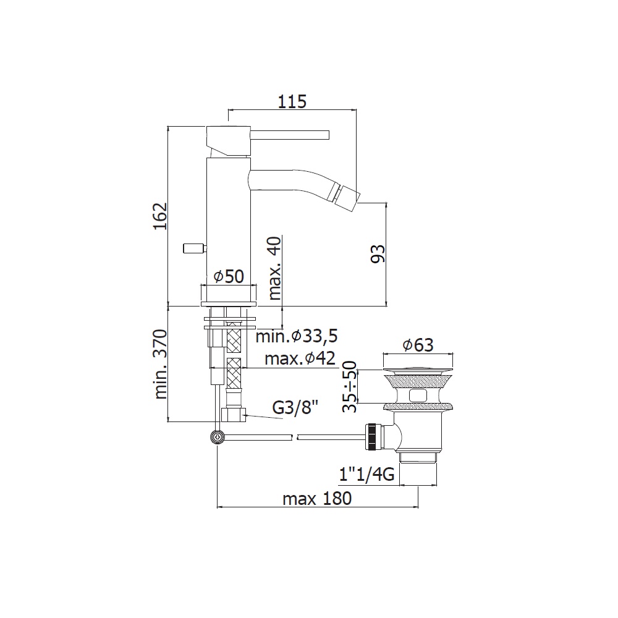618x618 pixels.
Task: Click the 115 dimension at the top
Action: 292,101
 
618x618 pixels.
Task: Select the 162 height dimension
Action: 161,216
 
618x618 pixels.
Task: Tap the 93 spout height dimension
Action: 378,253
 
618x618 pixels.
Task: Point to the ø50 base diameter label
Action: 229,276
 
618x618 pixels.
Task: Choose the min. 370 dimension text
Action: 161,364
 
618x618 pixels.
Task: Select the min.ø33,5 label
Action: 297,336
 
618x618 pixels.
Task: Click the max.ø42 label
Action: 300,358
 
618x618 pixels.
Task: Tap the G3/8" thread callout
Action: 295,407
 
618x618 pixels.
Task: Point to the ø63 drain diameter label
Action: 418,345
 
